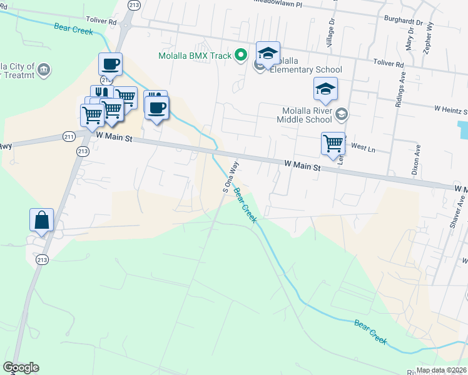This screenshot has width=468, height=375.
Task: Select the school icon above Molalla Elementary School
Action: click(268, 54)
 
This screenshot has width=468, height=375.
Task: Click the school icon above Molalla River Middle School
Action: click(325, 90)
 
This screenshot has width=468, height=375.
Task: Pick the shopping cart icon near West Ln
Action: click(333, 144)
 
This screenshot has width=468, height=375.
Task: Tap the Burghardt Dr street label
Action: click(404, 21)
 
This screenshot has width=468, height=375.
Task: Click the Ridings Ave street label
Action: click(400, 92)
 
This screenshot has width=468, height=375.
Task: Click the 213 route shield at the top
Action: click(133, 4)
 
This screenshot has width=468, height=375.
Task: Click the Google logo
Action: click(21, 367)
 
